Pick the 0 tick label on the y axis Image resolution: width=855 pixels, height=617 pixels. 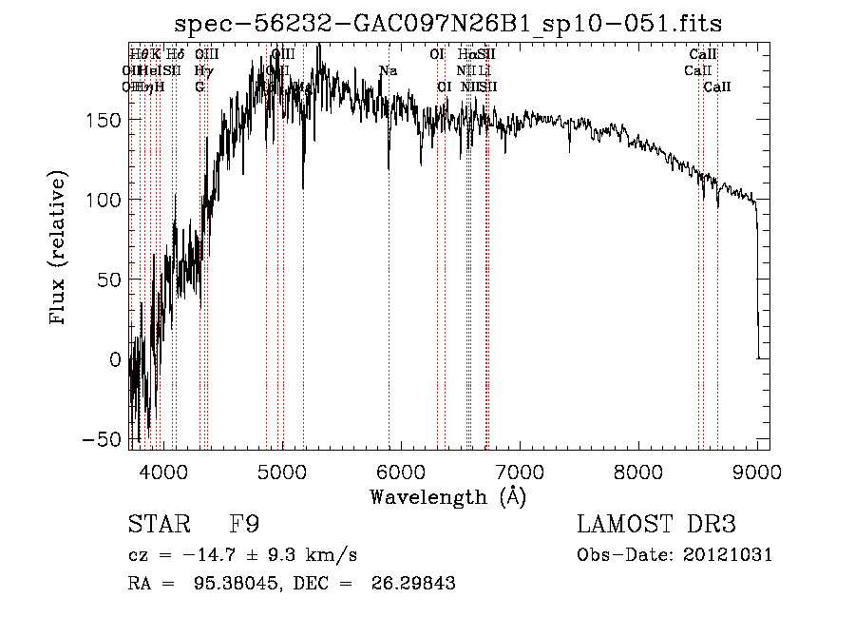(115, 359)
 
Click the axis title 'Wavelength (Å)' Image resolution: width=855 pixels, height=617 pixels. (447, 496)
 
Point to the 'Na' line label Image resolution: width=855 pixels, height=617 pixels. (388, 70)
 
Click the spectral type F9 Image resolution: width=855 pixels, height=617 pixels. (244, 525)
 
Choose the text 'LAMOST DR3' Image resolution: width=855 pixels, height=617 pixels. (656, 525)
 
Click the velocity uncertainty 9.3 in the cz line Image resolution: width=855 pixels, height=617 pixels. (287, 555)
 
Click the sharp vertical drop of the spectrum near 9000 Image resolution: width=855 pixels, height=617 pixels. (757, 285)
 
